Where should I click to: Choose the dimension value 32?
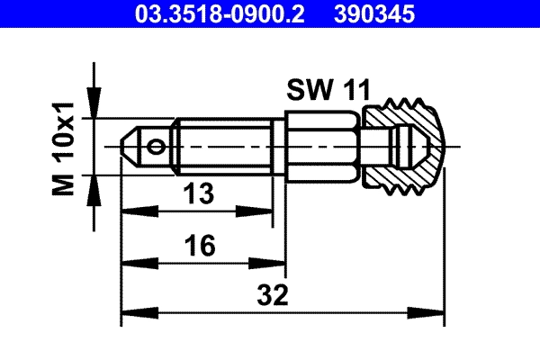tap(275, 294)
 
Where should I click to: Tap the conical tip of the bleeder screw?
tap(130, 146)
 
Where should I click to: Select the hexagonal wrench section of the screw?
tap(322, 146)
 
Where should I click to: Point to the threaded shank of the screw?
tap(229, 146)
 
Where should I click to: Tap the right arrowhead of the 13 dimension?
tap(266, 211)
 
